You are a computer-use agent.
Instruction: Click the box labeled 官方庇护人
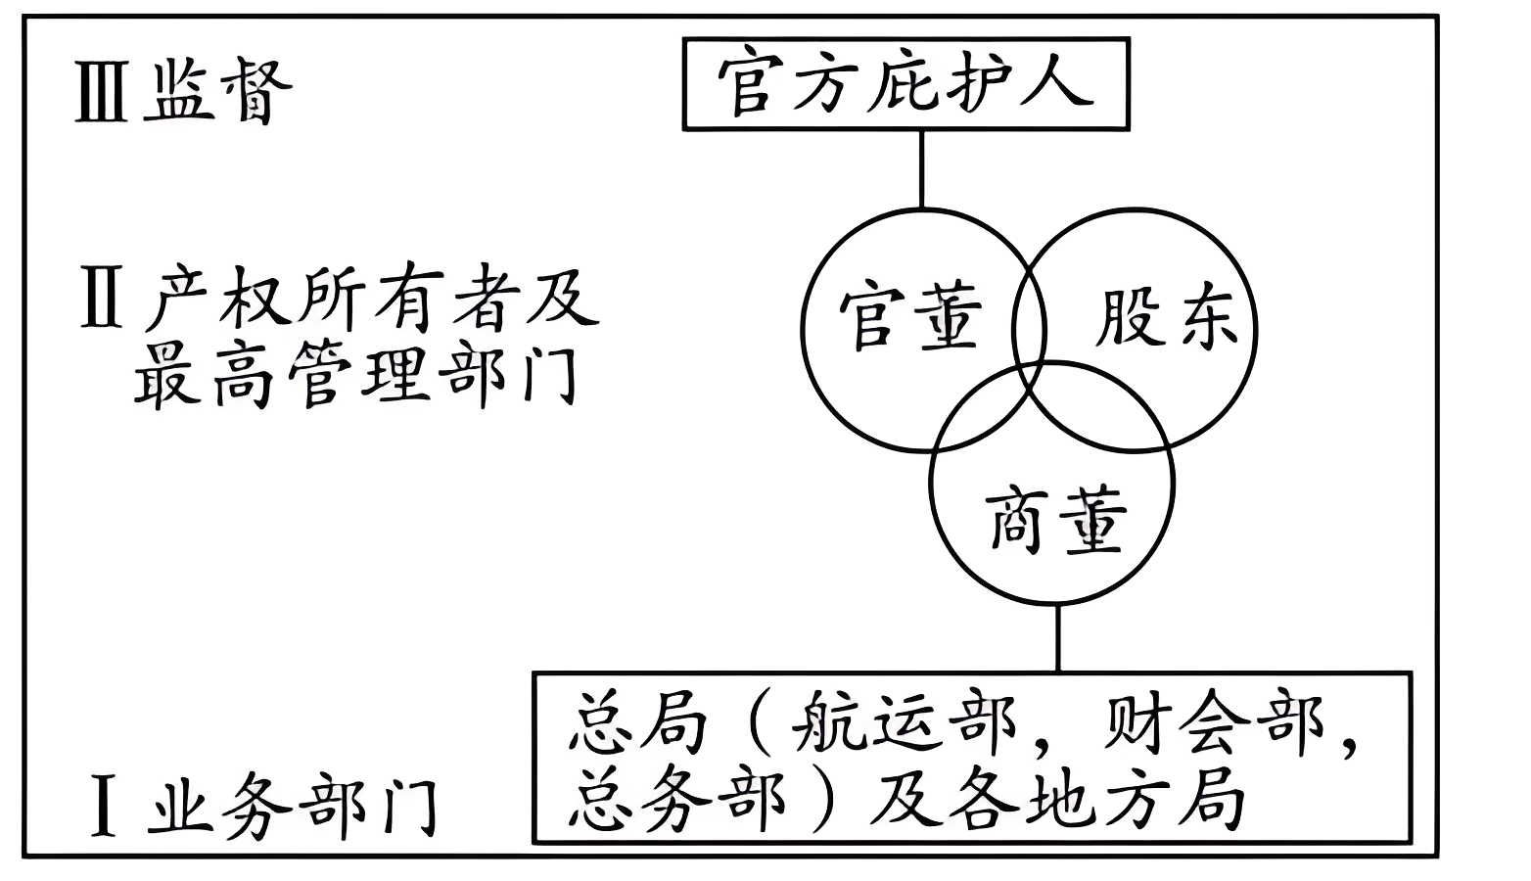click(x=905, y=83)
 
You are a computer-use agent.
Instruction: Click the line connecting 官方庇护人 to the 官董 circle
click(x=921, y=168)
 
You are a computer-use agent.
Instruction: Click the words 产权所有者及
click(x=372, y=299)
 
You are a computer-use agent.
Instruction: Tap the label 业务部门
click(x=294, y=807)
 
